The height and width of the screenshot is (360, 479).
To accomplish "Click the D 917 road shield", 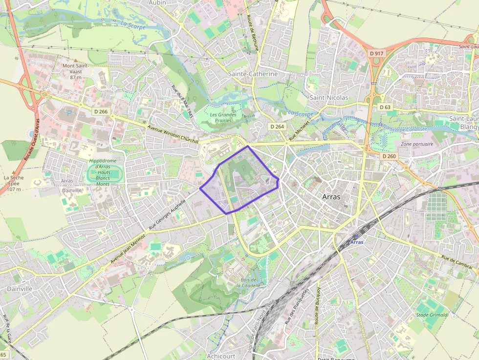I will pos(377,53).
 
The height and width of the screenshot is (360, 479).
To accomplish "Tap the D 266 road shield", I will pos(100,112).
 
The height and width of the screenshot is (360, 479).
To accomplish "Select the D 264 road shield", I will pos(277,127).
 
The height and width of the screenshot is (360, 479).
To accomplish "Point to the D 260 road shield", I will pos(389,156).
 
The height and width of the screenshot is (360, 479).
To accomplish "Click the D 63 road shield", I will pos(385,107).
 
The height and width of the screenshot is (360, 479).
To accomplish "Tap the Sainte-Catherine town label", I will pos(253,74).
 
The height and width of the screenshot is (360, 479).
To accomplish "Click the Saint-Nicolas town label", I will pos(329,98).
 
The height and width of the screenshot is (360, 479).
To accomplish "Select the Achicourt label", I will pos(221,356).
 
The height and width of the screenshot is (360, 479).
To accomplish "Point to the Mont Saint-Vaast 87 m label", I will pos(75,71).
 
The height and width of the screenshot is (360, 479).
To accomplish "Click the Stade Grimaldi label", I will pos(432,315).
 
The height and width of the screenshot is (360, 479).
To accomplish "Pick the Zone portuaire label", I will pos(416,144).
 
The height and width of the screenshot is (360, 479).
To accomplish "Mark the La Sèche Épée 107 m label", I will pos(14,183).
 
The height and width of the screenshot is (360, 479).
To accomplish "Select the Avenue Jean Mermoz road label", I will pos(128,249).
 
